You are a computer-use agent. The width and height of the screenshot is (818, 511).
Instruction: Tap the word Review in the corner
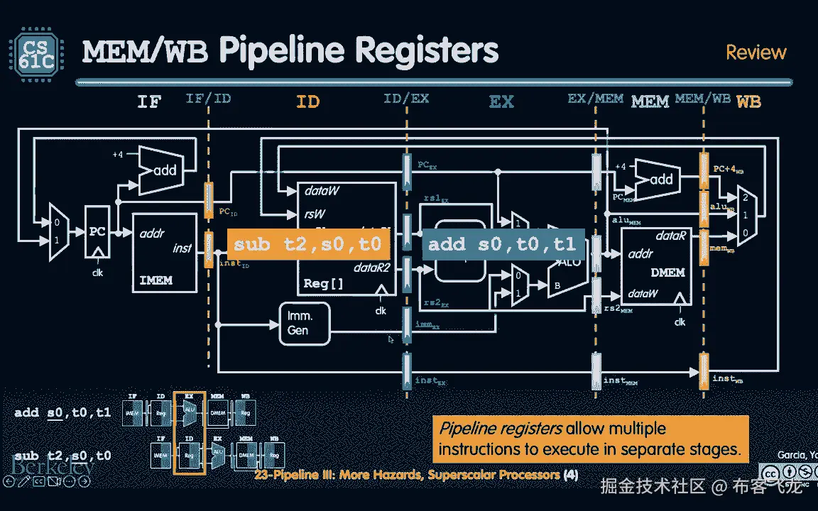click(x=756, y=53)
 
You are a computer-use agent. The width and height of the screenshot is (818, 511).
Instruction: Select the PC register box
click(x=97, y=232)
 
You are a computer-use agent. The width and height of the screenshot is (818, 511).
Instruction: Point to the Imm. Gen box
click(x=305, y=324)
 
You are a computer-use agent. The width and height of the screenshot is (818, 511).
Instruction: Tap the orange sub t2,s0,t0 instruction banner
click(x=307, y=245)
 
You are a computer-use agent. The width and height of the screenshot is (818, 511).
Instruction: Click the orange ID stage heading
click(x=307, y=101)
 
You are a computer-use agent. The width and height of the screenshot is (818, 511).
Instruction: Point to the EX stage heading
click(x=501, y=101)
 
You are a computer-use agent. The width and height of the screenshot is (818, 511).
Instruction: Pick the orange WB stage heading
click(x=748, y=101)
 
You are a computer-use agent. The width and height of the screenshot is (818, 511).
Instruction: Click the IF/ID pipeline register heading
click(x=208, y=99)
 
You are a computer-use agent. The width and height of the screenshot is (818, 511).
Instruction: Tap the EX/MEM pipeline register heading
click(x=595, y=99)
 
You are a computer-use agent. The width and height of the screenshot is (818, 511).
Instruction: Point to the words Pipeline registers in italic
click(x=501, y=429)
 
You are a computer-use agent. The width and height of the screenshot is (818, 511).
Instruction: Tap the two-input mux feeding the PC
click(x=57, y=231)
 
